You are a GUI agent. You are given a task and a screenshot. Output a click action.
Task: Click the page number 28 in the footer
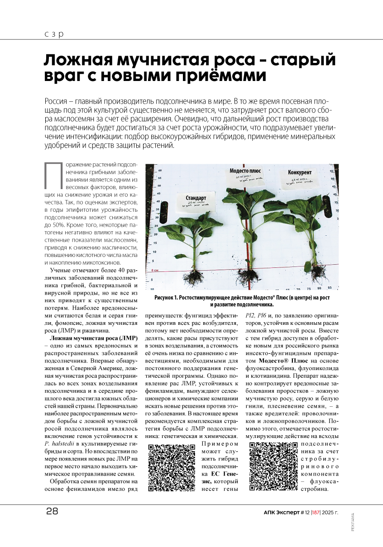[52, 511]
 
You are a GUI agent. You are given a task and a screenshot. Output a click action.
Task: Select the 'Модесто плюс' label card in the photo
[245, 175]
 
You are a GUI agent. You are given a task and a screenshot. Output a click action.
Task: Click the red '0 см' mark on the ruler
[155, 270]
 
